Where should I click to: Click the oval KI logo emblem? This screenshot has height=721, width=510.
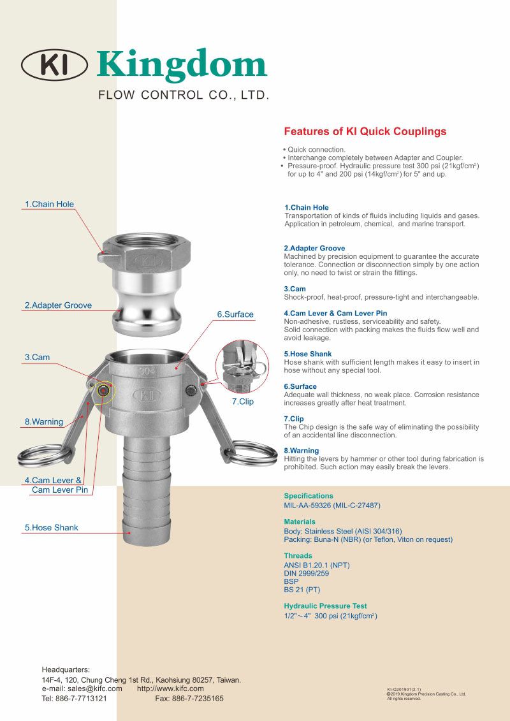[x=54, y=65]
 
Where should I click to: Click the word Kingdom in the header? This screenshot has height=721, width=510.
[x=182, y=65]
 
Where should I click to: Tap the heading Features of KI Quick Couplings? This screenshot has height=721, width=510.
[x=365, y=132]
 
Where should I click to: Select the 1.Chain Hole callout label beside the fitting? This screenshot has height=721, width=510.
[x=49, y=204]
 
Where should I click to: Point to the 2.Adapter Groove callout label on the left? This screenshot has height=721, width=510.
[x=58, y=305]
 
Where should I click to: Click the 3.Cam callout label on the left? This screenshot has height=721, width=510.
[x=37, y=357]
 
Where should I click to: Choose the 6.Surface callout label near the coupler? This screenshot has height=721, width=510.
[x=235, y=314]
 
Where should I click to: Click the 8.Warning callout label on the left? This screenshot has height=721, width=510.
[x=44, y=421]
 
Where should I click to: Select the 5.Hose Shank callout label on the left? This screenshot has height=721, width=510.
[x=51, y=527]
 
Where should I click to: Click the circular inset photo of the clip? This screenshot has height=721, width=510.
[x=242, y=366]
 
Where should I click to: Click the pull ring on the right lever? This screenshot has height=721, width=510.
[x=251, y=453]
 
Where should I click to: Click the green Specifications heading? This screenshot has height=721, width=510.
[x=309, y=495]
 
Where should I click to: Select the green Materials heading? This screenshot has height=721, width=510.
[x=300, y=521]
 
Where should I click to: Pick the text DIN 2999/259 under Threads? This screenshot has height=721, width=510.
[x=306, y=573]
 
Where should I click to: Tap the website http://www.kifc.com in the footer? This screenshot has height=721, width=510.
[x=170, y=688]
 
